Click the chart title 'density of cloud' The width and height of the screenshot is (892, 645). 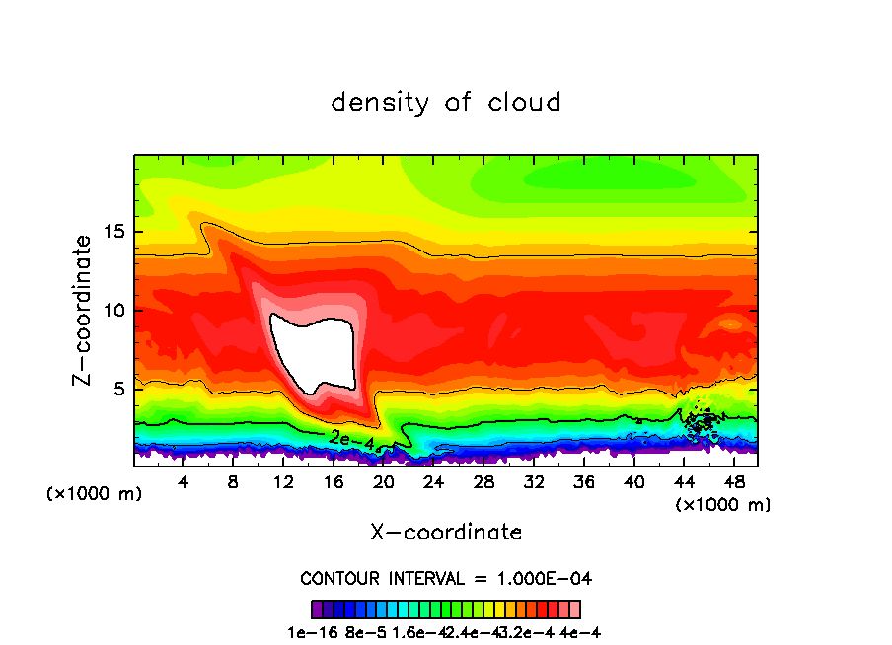click(446, 103)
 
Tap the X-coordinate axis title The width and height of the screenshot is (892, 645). click(446, 533)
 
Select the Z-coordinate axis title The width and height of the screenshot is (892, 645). click(84, 310)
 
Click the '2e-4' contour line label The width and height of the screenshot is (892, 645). click(351, 438)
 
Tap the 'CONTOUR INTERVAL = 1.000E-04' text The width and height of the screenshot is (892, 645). click(446, 578)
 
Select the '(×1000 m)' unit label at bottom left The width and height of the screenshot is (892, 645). click(95, 493)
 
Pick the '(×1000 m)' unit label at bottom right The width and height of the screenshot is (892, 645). click(723, 504)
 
